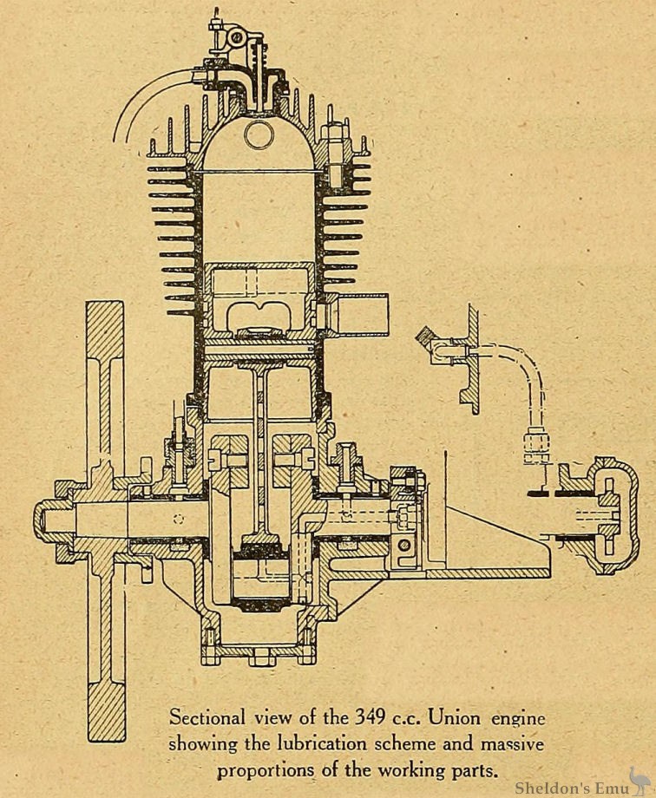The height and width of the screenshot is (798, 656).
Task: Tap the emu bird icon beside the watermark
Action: tap(638, 778)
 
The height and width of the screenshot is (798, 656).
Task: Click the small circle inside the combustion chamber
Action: tap(258, 134)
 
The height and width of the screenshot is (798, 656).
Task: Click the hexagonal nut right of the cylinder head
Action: tap(334, 139)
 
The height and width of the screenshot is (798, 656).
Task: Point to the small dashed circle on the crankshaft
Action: tap(179, 520)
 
